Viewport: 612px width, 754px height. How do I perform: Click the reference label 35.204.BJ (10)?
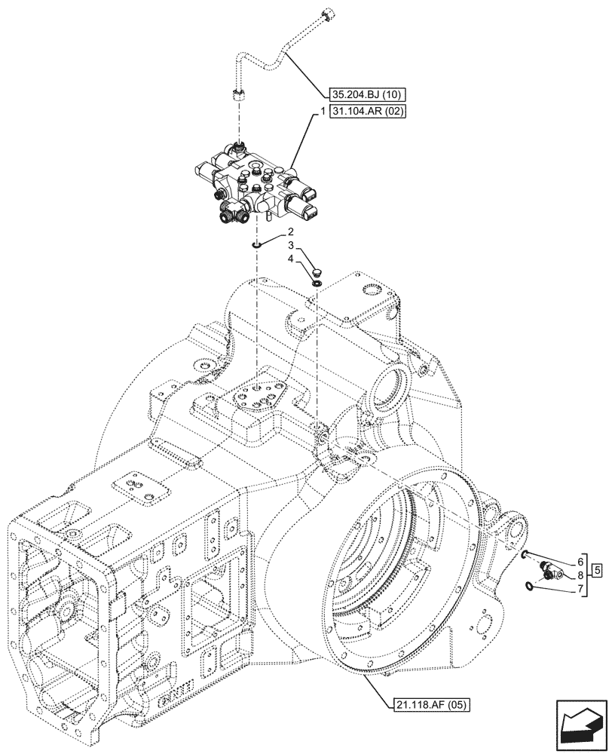pos(368,94)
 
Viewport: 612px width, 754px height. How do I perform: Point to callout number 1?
pos(322,110)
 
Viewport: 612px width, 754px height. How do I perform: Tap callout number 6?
pos(580,562)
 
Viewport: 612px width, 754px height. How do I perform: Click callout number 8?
pos(580,575)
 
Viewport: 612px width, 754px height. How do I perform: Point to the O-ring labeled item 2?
pos(258,244)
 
